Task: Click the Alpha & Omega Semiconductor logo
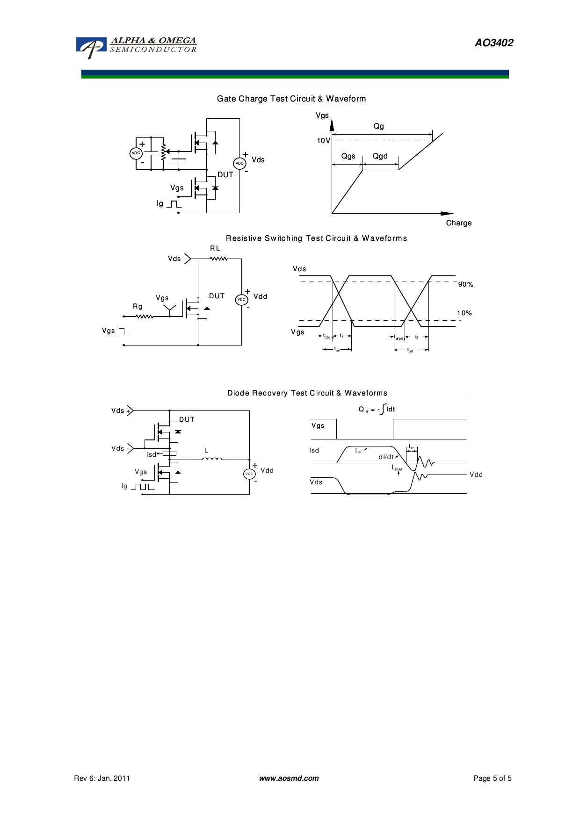[x=136, y=47]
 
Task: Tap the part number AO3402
[x=494, y=43]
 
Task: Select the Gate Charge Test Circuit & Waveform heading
[x=291, y=99]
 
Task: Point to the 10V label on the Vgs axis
[x=323, y=141]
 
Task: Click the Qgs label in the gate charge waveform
[x=348, y=156]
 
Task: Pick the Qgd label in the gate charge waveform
[x=380, y=156]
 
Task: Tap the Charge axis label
[x=458, y=223]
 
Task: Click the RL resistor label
[x=215, y=248]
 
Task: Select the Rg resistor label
[x=138, y=307]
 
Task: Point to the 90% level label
[x=465, y=284]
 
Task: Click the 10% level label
[x=464, y=313]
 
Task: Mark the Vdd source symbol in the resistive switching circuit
[x=241, y=299]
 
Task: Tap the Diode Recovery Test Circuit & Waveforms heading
[x=307, y=393]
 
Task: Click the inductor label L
[x=206, y=451]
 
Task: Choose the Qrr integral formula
[x=377, y=410]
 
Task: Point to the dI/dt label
[x=386, y=457]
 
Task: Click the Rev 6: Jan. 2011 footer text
[x=102, y=778]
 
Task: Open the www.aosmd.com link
[x=289, y=778]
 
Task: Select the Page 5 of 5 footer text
[x=492, y=778]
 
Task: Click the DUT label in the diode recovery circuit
[x=187, y=419]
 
